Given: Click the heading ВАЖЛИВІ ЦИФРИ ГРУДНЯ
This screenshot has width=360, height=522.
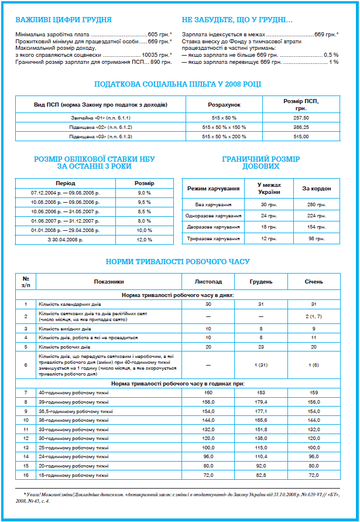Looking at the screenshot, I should coord(63,20).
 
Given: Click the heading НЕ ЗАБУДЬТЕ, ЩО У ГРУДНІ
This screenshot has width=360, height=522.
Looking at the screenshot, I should coord(238,20).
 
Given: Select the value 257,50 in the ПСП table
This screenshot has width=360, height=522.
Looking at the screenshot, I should coord(301,118).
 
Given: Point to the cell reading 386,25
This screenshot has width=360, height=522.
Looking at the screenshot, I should coord(301,127).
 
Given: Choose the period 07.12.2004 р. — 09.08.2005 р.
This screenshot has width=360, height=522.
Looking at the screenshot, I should coord(65,193).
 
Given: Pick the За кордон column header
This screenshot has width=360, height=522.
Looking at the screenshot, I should coord(317,189).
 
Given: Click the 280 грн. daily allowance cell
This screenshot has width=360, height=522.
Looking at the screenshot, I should coord(317,205).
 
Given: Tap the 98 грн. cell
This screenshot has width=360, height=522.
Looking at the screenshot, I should coord(317,239).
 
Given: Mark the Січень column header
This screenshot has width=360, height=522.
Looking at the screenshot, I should coord(314,281).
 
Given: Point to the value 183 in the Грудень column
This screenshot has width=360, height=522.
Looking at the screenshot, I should coord(261,392).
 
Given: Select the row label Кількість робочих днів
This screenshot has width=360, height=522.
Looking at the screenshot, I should coord(65,347).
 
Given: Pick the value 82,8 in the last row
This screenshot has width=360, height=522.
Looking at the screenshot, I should coord(261,475).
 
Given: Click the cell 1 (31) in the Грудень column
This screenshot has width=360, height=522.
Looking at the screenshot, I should coord(261,365).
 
